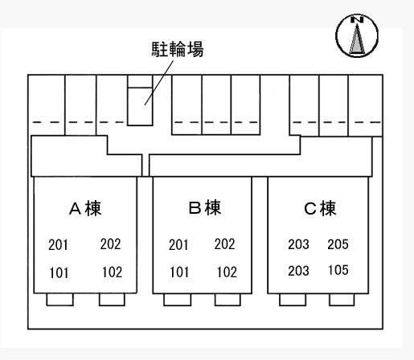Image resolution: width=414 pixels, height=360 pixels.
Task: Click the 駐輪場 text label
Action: [178, 49]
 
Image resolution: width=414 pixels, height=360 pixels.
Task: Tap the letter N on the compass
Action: [357, 20]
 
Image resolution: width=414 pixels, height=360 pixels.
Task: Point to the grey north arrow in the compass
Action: [357, 39]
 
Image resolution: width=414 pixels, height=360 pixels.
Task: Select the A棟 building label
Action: [85, 208]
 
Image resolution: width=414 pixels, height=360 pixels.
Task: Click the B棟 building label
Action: [205, 207]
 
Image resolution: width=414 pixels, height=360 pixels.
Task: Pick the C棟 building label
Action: [320, 208]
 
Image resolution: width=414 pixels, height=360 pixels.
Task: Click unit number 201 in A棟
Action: [58, 245]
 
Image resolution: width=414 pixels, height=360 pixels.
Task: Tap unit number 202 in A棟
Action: [110, 244]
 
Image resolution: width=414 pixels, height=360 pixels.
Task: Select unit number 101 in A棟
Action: [59, 273]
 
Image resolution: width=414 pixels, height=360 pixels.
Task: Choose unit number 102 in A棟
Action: [113, 272]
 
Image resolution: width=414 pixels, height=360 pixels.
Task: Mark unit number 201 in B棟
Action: [178, 245]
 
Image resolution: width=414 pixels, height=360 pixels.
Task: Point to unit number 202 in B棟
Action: [224, 244]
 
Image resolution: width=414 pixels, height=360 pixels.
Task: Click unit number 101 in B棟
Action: [179, 272]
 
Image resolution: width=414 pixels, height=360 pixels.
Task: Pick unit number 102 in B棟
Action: [227, 272]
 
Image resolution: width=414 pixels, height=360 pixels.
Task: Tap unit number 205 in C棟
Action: [338, 244]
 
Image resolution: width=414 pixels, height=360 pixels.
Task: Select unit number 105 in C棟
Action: [338, 270]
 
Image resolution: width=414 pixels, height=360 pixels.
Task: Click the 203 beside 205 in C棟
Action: [298, 244]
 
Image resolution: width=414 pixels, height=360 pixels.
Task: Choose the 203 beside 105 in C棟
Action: [298, 271]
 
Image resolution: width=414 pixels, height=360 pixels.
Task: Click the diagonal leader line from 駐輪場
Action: [159, 83]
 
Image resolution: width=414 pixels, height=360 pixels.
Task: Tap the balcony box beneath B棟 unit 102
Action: [227, 300]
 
